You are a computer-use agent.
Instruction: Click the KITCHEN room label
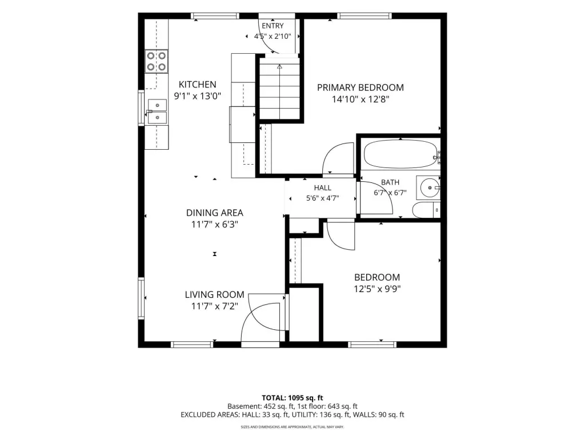click(197, 85)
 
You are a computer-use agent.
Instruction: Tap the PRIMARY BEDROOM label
click(360, 87)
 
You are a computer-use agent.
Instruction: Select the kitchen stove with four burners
click(157, 61)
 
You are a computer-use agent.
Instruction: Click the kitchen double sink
click(157, 111)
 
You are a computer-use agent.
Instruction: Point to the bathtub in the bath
click(400, 154)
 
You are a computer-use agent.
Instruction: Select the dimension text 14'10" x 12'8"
click(360, 99)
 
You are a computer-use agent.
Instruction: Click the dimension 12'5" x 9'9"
click(377, 289)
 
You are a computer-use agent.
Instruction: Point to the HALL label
click(322, 187)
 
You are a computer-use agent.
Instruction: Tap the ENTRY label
click(273, 26)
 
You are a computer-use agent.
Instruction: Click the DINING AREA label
click(215, 213)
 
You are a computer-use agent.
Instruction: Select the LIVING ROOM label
click(215, 294)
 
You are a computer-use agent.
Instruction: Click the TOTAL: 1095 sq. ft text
click(292, 398)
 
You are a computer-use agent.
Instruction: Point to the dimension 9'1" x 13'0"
click(197, 96)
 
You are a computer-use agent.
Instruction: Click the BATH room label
click(390, 182)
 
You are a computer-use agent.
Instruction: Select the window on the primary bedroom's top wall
click(364, 15)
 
